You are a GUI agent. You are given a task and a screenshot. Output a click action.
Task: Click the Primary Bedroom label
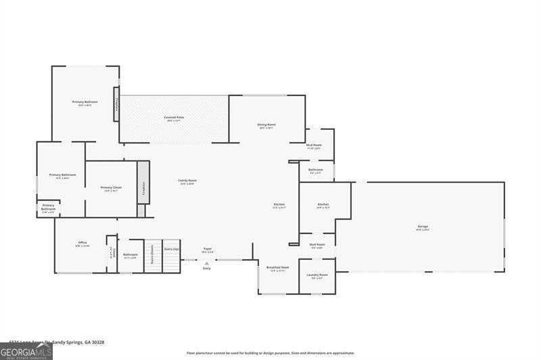[85, 102]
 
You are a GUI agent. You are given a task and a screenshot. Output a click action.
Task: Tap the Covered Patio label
[174, 118]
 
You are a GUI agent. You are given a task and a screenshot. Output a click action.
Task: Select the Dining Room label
[266, 125]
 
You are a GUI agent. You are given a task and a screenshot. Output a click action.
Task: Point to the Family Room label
[187, 181]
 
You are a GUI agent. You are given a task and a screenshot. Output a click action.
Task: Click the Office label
[83, 243]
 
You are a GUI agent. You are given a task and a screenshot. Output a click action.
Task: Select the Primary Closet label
[111, 188]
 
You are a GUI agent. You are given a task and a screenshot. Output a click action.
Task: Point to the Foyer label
[208, 249]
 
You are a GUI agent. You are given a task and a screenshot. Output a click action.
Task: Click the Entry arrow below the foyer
[207, 263]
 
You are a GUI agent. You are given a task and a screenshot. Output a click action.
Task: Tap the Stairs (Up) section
[172, 249]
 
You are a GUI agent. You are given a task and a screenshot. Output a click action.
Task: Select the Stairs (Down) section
[152, 254]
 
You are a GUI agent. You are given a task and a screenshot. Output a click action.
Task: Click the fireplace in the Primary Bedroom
[117, 104]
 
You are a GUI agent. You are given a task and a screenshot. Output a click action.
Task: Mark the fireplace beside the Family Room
[143, 188]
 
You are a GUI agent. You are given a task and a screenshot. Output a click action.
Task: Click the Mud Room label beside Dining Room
[314, 145]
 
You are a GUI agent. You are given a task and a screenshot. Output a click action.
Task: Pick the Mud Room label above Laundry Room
[317, 245]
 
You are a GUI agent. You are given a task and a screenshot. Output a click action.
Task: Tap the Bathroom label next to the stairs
[131, 255]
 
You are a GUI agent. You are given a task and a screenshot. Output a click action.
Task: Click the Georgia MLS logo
[26, 351]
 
